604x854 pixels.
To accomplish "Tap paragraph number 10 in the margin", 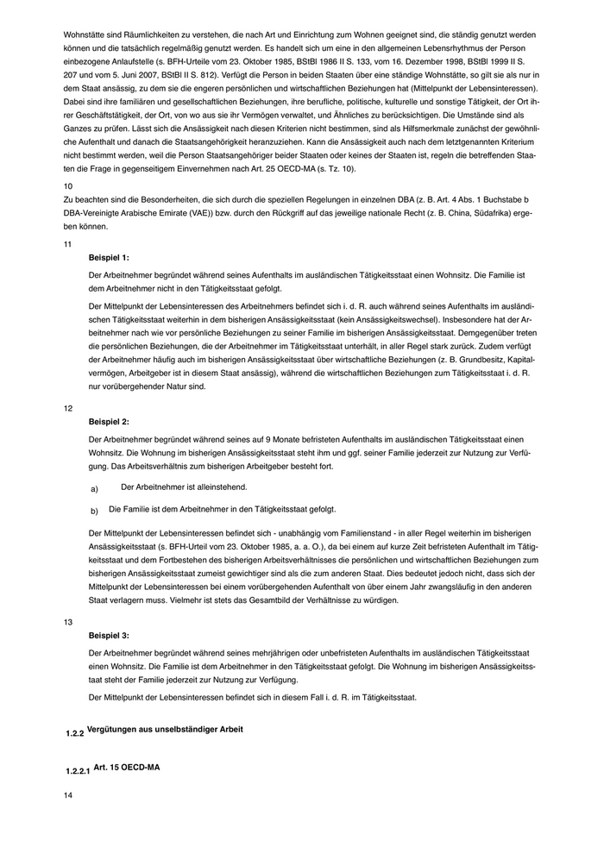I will click(68, 185).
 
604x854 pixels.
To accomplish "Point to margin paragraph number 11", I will click(68, 244).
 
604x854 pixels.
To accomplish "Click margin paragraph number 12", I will click(68, 408).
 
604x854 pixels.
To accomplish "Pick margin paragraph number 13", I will click(68, 621).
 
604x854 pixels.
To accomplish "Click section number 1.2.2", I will click(75, 733).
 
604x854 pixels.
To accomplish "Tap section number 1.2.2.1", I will click(79, 769).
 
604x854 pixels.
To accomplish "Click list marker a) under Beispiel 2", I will click(94, 489).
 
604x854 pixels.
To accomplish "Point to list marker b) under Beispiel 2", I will click(94, 511).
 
